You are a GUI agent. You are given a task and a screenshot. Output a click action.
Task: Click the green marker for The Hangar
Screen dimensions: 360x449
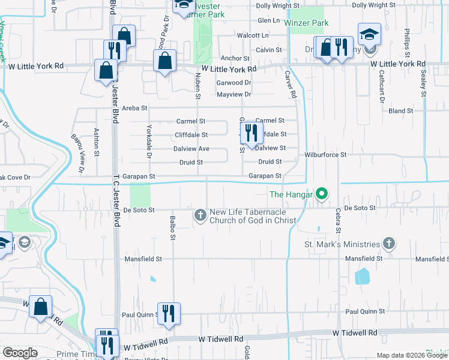tap(322, 194)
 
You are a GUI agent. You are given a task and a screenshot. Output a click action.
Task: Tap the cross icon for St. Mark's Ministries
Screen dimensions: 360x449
tap(389, 244)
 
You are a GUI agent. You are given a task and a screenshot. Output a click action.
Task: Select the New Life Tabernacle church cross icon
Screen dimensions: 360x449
tap(200, 215)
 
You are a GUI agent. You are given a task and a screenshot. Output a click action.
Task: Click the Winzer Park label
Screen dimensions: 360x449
tap(307, 23)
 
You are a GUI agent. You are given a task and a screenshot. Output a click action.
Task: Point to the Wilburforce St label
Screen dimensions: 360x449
tap(326, 154)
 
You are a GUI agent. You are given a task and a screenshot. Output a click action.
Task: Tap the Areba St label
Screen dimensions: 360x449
tap(134, 108)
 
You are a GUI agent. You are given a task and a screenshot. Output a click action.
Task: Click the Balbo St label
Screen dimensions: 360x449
tap(172, 228)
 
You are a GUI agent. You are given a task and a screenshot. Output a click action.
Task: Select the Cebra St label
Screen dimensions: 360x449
tap(339, 221)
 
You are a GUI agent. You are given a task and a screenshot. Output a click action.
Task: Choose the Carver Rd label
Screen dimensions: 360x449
tap(291, 85)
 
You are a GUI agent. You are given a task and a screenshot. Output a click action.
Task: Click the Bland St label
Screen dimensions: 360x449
tap(401, 111)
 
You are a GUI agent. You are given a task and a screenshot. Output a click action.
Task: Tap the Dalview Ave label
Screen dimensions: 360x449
tap(191, 148)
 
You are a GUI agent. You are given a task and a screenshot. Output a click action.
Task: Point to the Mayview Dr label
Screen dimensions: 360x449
tap(234, 94)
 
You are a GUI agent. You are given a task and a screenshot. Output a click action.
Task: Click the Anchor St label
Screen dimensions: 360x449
tap(235, 58)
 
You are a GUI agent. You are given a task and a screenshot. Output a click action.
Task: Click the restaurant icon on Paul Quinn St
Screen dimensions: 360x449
tap(169, 313)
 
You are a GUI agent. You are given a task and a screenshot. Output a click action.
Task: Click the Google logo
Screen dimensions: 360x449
tap(20, 353)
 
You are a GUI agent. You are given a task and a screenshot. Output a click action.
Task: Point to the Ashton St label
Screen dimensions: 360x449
tap(96, 141)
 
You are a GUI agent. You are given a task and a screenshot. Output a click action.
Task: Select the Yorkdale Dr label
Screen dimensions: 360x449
tap(148, 143)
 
